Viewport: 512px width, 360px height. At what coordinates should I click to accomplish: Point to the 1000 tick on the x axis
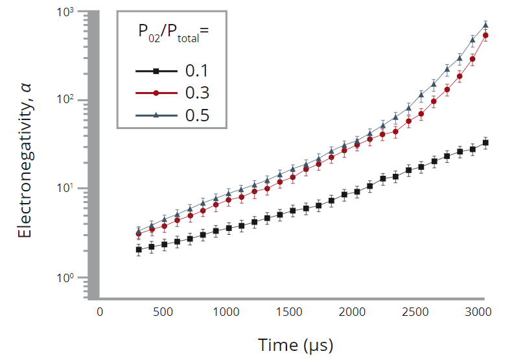[227, 312]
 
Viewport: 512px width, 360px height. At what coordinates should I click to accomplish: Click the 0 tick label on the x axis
[100, 312]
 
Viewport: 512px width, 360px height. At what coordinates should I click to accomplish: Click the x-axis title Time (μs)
[296, 344]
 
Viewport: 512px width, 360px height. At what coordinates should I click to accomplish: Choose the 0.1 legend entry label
[197, 71]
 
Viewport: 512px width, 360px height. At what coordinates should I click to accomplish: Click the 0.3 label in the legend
[197, 93]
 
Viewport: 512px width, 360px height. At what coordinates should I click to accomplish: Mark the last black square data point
[485, 143]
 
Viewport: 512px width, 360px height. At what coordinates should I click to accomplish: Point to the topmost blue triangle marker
[485, 25]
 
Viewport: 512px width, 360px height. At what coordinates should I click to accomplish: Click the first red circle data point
[139, 234]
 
